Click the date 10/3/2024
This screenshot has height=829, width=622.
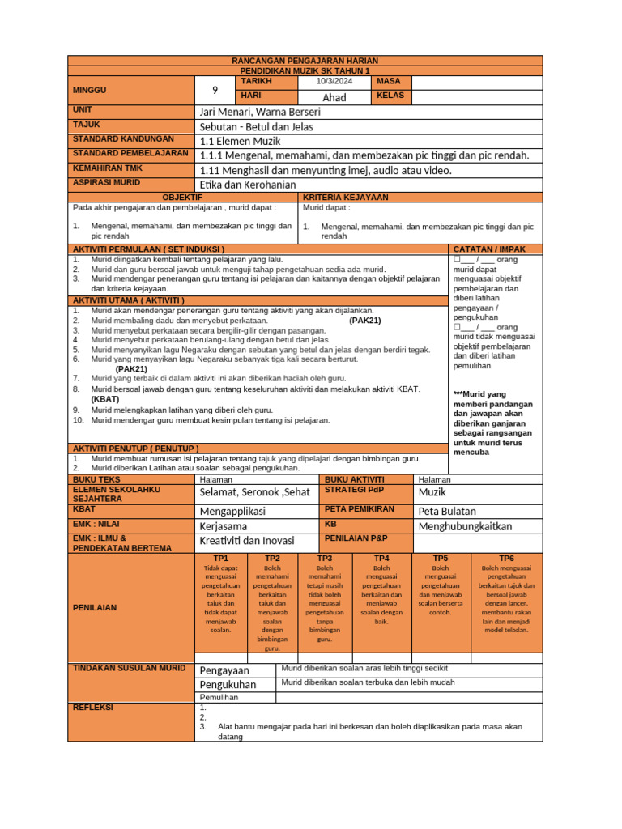[334, 82]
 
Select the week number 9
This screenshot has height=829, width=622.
[215, 90]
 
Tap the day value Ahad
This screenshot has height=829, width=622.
[334, 97]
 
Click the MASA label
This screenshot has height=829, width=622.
[388, 82]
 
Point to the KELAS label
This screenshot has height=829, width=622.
[390, 96]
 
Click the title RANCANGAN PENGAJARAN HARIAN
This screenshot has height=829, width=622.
[305, 61]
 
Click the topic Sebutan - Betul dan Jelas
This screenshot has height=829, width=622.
[256, 126]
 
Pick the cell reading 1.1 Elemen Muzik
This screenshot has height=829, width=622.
[240, 141]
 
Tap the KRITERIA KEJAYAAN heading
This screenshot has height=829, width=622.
[345, 197]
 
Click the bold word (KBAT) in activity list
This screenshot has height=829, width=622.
[105, 399]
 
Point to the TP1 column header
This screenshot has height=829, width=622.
[221, 559]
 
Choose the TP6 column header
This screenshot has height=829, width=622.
[506, 559]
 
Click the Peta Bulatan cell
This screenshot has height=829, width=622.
[447, 511]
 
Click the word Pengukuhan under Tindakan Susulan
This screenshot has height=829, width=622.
[228, 684]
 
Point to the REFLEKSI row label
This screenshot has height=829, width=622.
[93, 707]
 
